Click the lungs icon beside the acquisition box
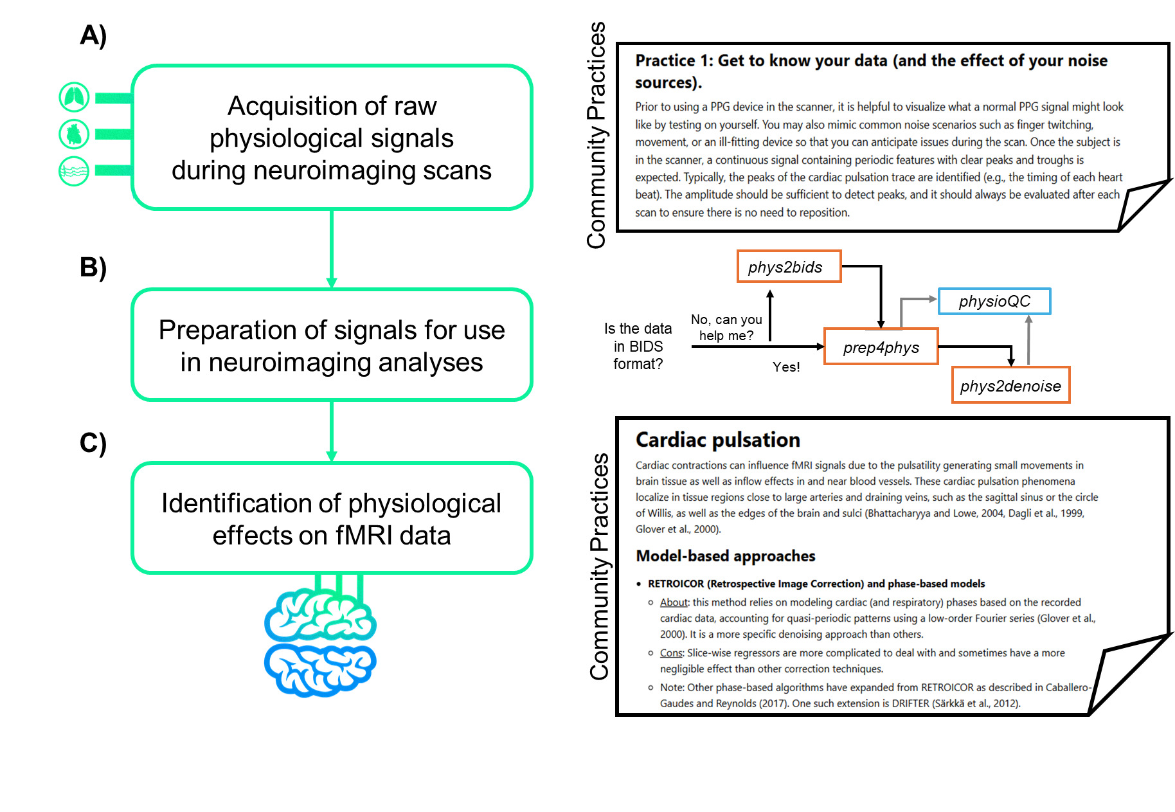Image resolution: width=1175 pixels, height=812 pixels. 74,98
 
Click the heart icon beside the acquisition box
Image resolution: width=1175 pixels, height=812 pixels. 74,134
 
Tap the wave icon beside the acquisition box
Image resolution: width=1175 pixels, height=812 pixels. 74,171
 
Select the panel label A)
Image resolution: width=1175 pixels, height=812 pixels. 93,35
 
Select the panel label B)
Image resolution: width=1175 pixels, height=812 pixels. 93,267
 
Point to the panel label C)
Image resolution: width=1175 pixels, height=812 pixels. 93,443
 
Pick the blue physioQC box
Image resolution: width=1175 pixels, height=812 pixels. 994,302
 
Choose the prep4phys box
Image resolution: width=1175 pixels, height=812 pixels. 881,347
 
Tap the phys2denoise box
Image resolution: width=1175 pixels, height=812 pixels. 1010,386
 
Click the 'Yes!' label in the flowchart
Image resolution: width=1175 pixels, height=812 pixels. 786,367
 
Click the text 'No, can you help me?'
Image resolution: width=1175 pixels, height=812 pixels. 726,327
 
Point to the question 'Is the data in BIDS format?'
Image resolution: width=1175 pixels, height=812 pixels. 638,347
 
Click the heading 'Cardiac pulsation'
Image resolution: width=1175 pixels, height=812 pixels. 717,440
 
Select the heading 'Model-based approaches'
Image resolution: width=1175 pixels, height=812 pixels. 725,556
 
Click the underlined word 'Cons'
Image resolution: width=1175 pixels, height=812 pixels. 671,653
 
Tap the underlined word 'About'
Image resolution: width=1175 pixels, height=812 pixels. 674,602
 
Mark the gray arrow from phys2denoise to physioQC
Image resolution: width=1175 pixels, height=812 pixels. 1028,341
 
